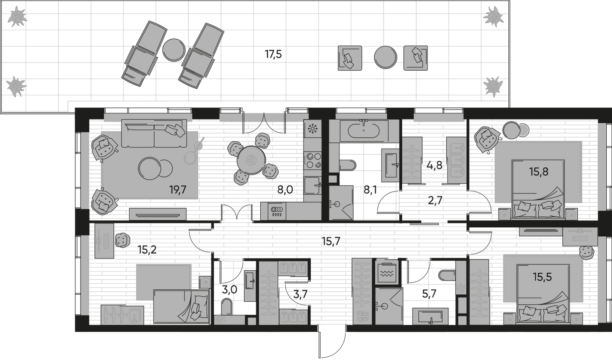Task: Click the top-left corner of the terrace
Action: coord(0,1)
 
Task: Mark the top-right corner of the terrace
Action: coord(510,1)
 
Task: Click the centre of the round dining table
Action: coord(251,160)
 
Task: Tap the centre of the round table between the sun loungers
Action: coord(174,49)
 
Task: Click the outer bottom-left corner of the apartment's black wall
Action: coord(75,331)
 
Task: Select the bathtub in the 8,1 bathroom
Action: coord(364,131)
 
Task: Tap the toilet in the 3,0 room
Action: coord(226,306)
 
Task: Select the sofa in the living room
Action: coord(154,133)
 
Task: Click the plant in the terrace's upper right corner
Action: coord(494,16)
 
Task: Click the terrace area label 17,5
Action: coord(273,54)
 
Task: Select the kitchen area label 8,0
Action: coord(285,189)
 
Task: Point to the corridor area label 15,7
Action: coord(331,241)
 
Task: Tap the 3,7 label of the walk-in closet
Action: coord(300,294)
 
